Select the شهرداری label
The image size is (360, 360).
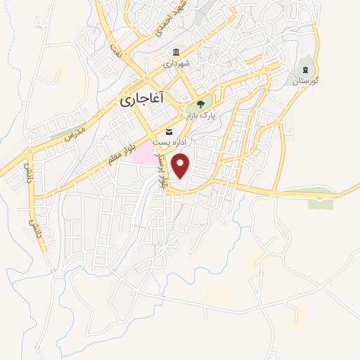[x=177, y=63]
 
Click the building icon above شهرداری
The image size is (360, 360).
[x=176, y=52]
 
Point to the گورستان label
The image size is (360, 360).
[x=307, y=81]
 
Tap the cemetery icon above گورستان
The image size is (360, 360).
[x=306, y=70]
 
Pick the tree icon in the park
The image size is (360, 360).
[x=202, y=103]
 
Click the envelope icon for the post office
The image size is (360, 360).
[x=169, y=131]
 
